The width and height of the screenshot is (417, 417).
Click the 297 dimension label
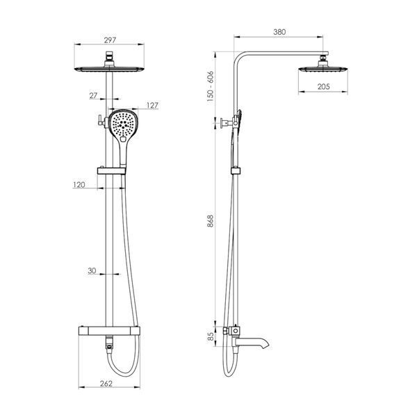click(x=110, y=40)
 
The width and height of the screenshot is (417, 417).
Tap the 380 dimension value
click(x=279, y=32)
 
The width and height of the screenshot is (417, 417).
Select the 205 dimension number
click(x=324, y=86)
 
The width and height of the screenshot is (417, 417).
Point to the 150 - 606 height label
click(x=211, y=86)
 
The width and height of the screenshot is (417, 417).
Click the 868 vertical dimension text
click(x=211, y=221)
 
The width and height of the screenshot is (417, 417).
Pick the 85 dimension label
click(x=211, y=336)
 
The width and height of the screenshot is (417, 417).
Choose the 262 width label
click(x=106, y=384)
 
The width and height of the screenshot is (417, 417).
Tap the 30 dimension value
click(x=92, y=271)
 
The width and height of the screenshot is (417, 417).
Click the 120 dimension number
click(x=79, y=185)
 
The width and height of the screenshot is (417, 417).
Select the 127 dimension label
click(x=152, y=106)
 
